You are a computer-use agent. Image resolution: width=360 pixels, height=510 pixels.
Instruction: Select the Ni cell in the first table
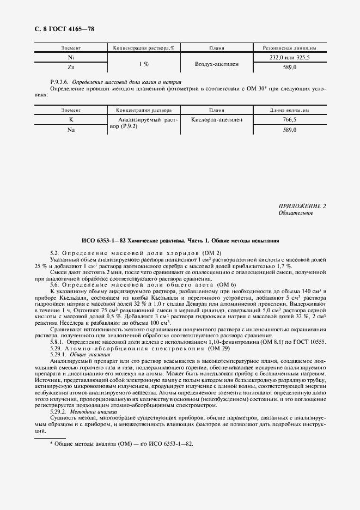[71, 57]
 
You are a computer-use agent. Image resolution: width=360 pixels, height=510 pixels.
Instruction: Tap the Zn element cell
[71, 67]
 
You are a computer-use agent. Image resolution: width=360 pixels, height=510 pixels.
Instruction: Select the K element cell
[71, 119]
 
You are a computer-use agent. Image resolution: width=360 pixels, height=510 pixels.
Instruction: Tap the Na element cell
[71, 130]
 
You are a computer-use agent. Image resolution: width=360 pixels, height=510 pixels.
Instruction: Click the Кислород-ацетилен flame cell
[216, 119]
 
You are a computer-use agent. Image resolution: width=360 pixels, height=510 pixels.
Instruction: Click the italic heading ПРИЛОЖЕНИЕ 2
[302, 206]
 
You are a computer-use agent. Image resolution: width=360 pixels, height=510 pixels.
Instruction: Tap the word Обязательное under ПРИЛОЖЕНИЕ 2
[296, 213]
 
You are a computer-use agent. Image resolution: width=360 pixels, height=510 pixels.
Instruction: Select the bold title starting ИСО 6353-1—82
[180, 240]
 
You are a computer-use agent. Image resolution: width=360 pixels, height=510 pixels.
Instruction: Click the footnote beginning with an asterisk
[121, 444]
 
